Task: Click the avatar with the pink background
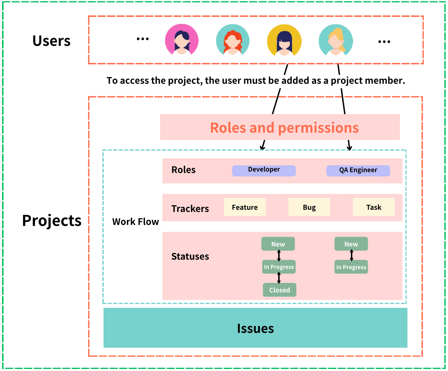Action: [x=182, y=40]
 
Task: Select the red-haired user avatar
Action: [x=233, y=40]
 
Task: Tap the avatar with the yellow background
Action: [x=284, y=40]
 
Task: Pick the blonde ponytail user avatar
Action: [x=336, y=40]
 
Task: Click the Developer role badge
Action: [x=264, y=170]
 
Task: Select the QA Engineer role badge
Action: [x=358, y=171]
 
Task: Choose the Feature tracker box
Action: [x=245, y=207]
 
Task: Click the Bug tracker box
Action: [x=309, y=207]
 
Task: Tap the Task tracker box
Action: [x=374, y=207]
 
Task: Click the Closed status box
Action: [x=279, y=290]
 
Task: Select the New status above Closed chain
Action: [x=278, y=244]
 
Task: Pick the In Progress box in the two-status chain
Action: [x=351, y=267]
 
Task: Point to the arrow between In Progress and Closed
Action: [x=279, y=278]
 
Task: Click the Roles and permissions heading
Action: [x=284, y=128]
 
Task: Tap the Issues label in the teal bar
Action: [x=255, y=328]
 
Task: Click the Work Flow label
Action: [x=135, y=222]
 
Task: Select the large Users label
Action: [x=51, y=41]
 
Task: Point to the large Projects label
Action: [x=52, y=220]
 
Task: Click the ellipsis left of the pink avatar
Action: [x=143, y=39]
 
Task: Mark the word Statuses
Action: [x=190, y=256]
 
